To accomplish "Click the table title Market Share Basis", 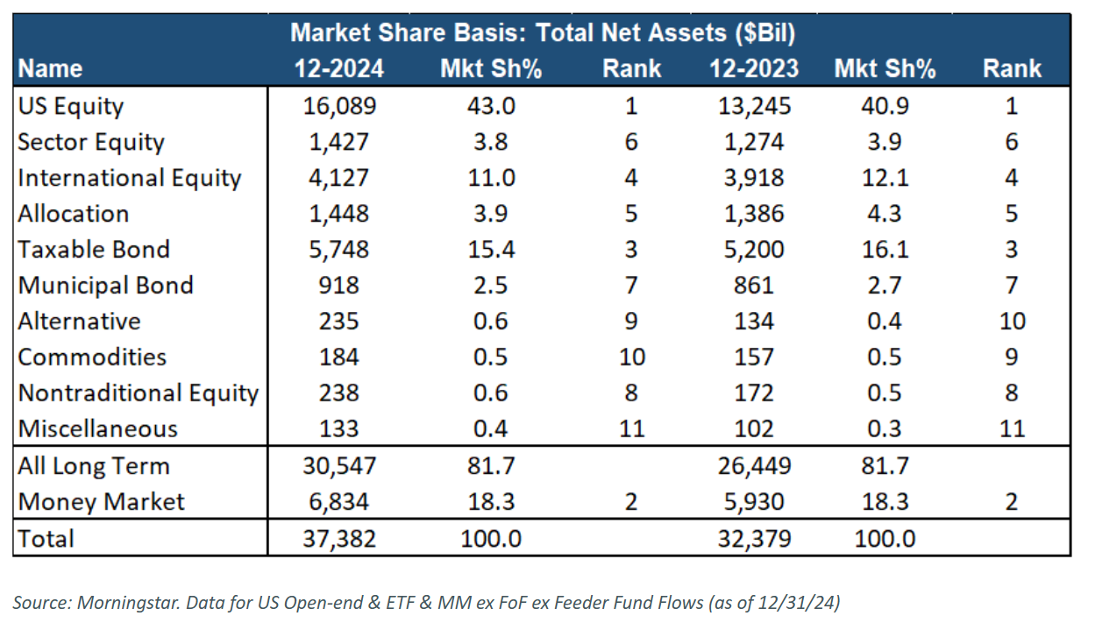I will [543, 33].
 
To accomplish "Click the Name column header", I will [50, 68].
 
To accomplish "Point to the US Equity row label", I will [71, 106].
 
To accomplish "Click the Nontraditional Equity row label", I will [138, 393].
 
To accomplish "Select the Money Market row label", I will [101, 501].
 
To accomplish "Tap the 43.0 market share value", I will [491, 106].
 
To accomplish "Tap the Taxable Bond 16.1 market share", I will [885, 250].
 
